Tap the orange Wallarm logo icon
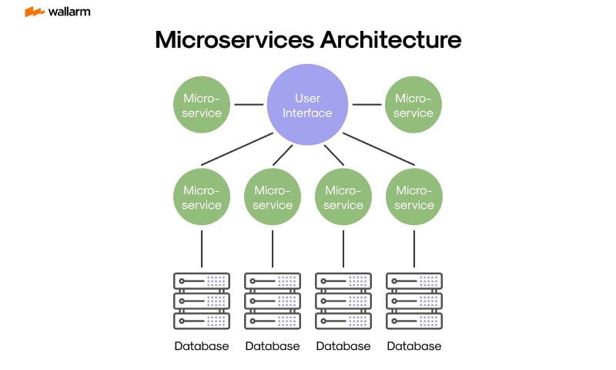click(34, 12)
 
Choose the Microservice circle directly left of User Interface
click(202, 106)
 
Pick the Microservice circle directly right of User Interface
click(413, 106)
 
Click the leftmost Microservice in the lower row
click(202, 198)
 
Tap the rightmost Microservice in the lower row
click(414, 198)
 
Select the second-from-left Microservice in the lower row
click(273, 198)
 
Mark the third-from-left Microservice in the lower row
click(343, 198)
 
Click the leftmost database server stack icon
click(202, 300)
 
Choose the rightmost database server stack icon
click(414, 300)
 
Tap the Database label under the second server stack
click(273, 346)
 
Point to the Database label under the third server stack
click(343, 346)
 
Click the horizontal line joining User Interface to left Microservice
click(249, 104)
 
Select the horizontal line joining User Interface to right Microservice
click(367, 104)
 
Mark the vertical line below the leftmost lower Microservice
click(202, 247)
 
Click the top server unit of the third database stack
click(343, 281)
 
